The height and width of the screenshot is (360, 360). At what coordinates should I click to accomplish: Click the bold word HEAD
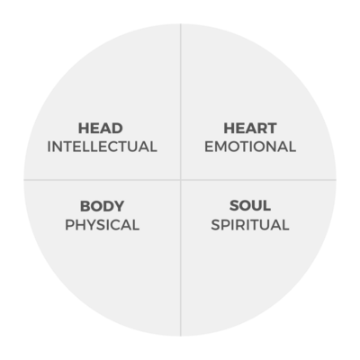point(101,129)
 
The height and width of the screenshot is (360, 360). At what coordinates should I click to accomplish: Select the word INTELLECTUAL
point(102,147)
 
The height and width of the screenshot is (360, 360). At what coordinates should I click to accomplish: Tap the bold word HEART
point(250,129)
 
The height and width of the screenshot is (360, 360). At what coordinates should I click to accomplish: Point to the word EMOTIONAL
point(250,147)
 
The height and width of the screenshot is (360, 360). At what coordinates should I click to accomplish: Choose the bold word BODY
point(102,206)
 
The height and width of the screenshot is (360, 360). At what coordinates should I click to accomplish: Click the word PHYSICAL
point(103,225)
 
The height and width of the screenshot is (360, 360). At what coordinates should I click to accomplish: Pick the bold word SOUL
point(250,206)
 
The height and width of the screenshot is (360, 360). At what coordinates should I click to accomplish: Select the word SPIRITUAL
point(250,225)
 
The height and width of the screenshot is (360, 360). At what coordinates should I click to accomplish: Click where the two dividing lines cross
point(181,180)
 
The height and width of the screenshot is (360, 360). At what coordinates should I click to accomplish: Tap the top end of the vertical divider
point(181,24)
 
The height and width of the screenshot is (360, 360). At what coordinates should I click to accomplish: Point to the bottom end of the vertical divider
point(181,336)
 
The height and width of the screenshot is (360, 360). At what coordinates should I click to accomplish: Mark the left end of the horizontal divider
point(24,180)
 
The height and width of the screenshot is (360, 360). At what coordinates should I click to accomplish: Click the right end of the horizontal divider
point(337,180)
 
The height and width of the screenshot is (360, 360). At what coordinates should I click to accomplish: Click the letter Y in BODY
point(119,206)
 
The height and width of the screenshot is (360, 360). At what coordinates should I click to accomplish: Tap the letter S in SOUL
point(234,206)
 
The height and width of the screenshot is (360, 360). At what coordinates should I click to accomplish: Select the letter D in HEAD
point(117,129)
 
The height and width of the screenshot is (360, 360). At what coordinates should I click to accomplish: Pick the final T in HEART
point(272,129)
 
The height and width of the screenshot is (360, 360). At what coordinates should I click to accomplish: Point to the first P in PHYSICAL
point(69,225)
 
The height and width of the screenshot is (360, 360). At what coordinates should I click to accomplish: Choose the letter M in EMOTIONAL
point(221,147)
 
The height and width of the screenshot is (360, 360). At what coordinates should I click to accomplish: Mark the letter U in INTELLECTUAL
point(135,147)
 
